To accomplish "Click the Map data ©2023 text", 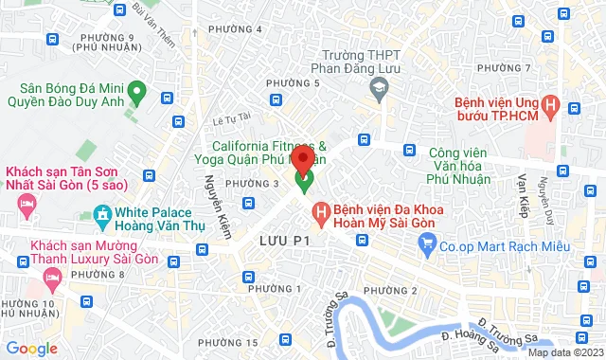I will pos(564,352).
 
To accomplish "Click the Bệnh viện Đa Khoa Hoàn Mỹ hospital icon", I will pos(321,209).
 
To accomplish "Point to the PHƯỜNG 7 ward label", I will pos(504,68).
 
